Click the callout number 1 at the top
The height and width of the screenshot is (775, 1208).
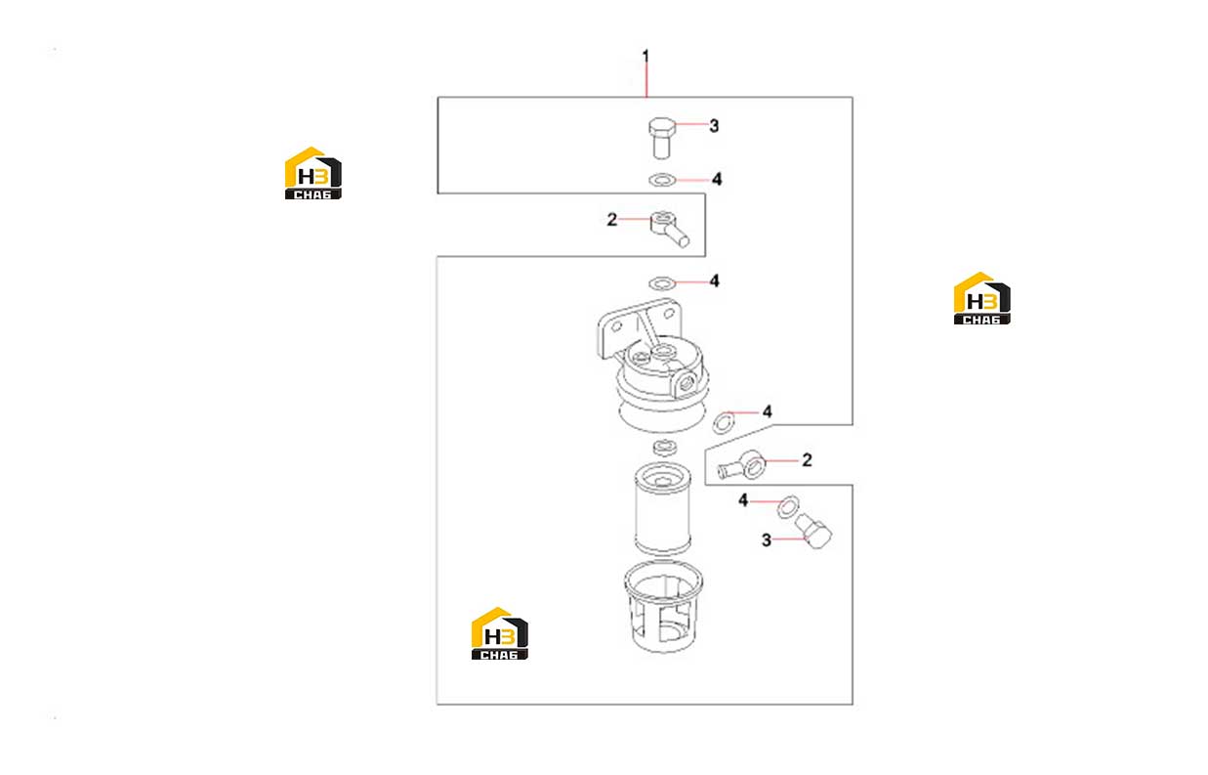[x=646, y=56]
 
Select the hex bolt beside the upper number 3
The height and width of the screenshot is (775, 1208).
[x=661, y=138]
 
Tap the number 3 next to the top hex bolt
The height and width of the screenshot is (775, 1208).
[x=714, y=126]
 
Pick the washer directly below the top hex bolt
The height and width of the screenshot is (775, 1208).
[x=662, y=180]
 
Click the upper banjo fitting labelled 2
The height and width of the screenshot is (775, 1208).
[x=669, y=229]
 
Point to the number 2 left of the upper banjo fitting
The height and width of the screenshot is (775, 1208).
[x=611, y=220]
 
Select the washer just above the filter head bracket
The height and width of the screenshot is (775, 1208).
[x=662, y=282]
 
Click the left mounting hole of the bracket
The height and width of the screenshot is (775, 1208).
[x=616, y=326]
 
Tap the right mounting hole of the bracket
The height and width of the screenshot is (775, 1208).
[x=669, y=313]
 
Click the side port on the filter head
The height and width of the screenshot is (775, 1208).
[x=687, y=384]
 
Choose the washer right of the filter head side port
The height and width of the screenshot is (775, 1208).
[x=724, y=422]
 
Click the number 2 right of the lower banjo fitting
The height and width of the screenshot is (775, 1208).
[x=807, y=460]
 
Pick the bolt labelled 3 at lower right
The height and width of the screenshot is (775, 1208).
[x=813, y=531]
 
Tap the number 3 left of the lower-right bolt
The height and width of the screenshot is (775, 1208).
[x=767, y=540]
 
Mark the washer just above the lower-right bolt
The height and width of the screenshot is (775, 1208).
[x=788, y=506]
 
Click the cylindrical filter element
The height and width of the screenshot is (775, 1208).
[x=663, y=509]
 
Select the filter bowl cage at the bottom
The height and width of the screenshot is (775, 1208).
[x=663, y=607]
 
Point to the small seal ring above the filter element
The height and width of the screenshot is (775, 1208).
[x=665, y=448]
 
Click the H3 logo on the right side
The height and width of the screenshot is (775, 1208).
[x=982, y=298]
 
